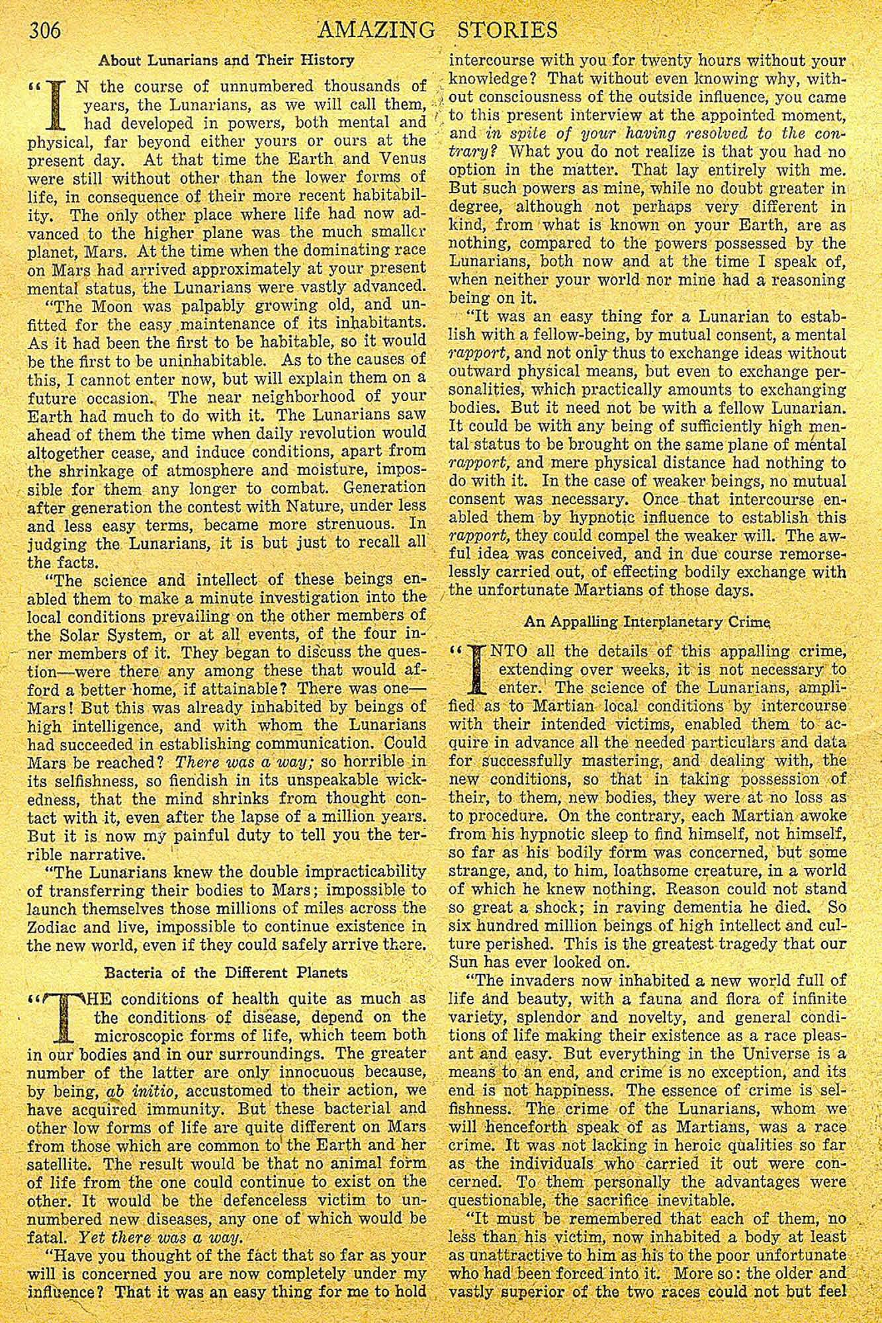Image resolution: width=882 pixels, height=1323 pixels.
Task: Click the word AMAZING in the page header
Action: [375, 31]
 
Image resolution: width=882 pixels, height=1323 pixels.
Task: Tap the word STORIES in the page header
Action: [507, 31]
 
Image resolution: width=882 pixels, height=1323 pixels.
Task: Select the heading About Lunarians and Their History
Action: [226, 60]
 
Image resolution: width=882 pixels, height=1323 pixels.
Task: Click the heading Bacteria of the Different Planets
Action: [227, 972]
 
